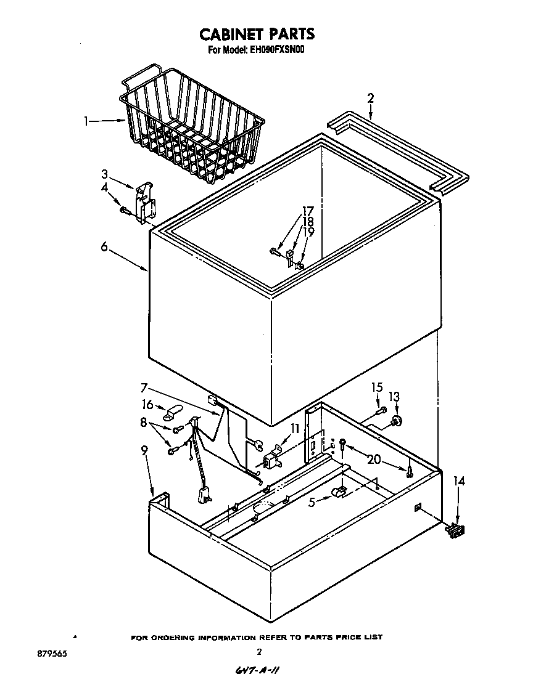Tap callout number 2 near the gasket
pos(370,98)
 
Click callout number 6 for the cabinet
pos(104,246)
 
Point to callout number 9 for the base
pos(144,451)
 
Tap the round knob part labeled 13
pos(395,420)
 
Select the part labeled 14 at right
pos(456,529)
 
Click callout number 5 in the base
pos(312,502)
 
